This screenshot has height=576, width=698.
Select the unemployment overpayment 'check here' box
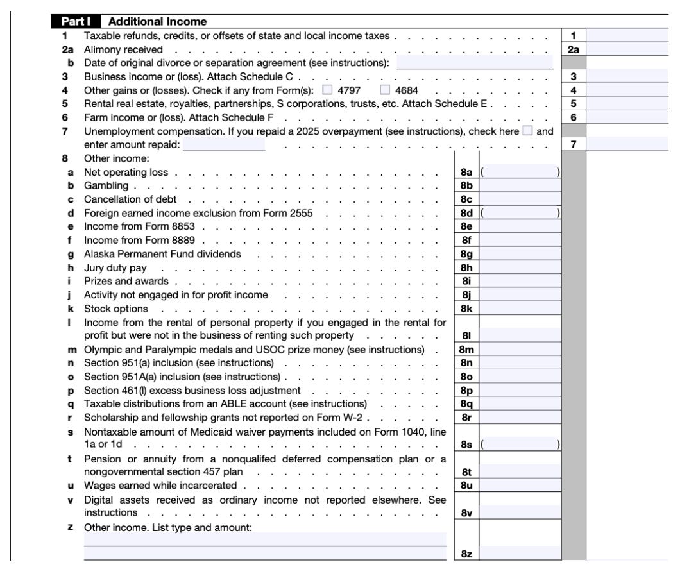[528, 131]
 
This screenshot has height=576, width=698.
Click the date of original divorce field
[475, 62]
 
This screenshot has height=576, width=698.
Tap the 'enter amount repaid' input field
[224, 145]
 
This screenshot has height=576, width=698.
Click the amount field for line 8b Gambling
[520, 185]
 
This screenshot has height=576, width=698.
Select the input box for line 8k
[520, 309]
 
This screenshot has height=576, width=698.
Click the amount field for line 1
[627, 35]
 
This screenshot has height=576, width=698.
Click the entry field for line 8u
[520, 485]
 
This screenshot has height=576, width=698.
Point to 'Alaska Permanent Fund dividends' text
[163, 254]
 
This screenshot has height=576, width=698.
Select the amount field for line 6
[627, 117]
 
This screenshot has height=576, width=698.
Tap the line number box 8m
[466, 349]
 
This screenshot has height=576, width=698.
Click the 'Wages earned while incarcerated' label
[160, 485]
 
